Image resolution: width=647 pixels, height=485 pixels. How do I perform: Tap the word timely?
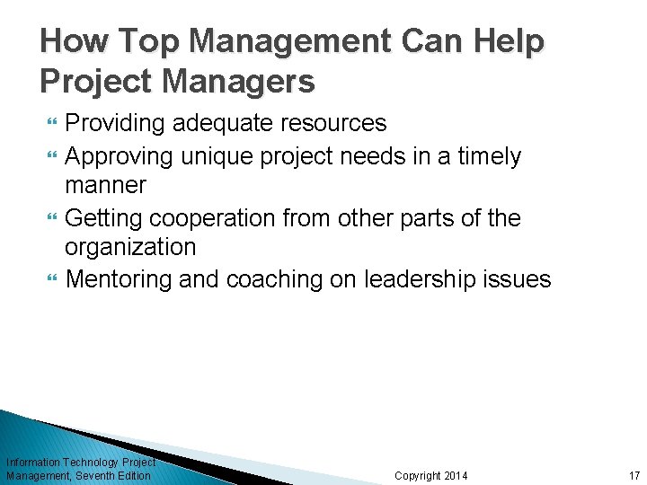[x=490, y=156]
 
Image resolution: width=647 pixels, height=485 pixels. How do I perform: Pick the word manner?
[x=105, y=185]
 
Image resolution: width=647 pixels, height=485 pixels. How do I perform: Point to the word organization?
[x=130, y=247]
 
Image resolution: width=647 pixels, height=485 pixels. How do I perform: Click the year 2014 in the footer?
[x=455, y=475]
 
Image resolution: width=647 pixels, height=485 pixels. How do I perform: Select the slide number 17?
[x=634, y=475]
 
